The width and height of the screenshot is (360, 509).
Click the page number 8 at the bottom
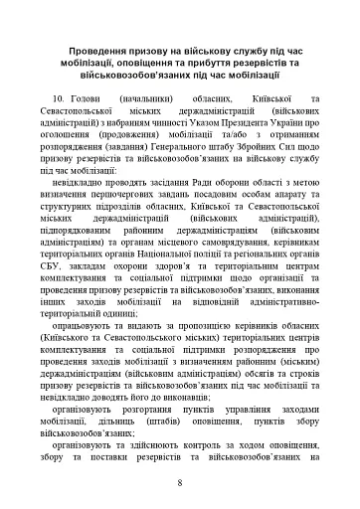coord(179,484)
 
